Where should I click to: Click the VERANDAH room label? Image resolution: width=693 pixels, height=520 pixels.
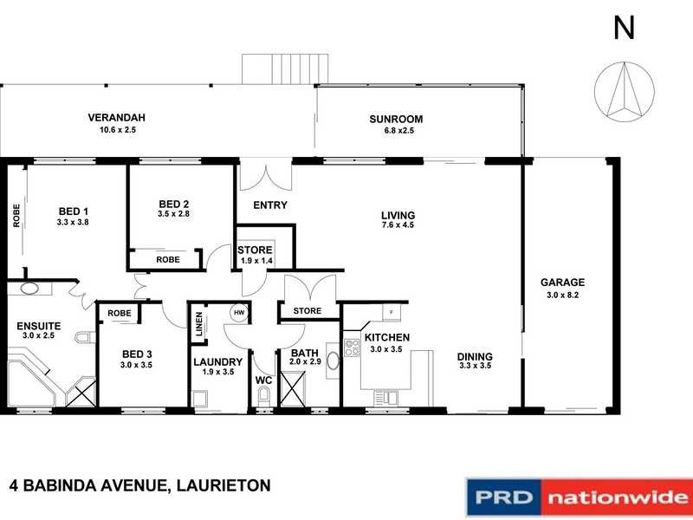pos(115,118)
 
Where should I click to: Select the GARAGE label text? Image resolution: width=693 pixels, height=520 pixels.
pos(562,282)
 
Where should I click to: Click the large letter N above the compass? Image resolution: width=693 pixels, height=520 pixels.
pos(624,28)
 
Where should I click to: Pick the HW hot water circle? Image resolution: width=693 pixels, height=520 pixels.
pos(237,313)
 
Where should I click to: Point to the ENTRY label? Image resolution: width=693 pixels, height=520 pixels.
pos(269,205)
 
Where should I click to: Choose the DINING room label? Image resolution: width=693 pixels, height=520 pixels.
pos(476,356)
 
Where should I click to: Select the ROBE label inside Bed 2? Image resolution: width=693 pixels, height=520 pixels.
pos(168,259)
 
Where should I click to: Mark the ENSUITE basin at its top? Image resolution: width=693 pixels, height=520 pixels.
pos(31,289)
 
